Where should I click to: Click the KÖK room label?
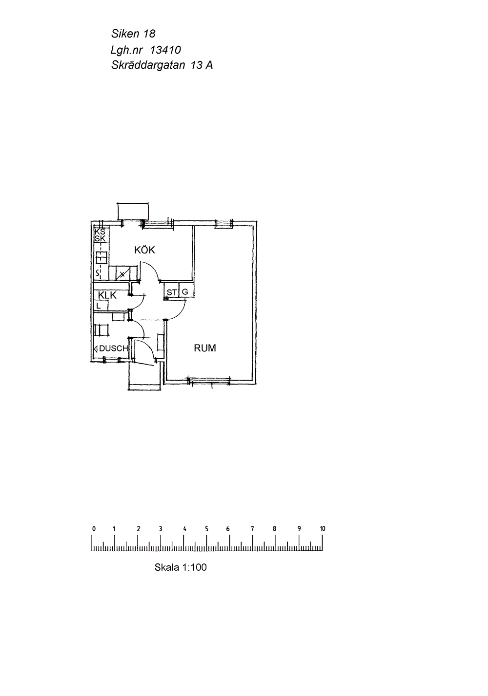point(144,250)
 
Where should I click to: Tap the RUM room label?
point(205,348)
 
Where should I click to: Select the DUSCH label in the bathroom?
point(114,348)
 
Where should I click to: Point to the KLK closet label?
point(107,295)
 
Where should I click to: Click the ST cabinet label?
point(172,292)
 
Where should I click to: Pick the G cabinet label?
point(185,292)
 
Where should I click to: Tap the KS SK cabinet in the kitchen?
point(100,235)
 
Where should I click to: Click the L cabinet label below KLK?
point(98,306)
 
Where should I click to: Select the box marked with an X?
point(122,274)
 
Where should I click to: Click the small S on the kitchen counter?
point(97,273)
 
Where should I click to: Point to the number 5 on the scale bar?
point(206,529)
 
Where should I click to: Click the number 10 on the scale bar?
point(323,529)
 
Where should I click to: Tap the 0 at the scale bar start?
point(94,529)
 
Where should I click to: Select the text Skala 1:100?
point(181,567)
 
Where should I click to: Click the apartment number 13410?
point(165,50)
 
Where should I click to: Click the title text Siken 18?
point(133,34)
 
